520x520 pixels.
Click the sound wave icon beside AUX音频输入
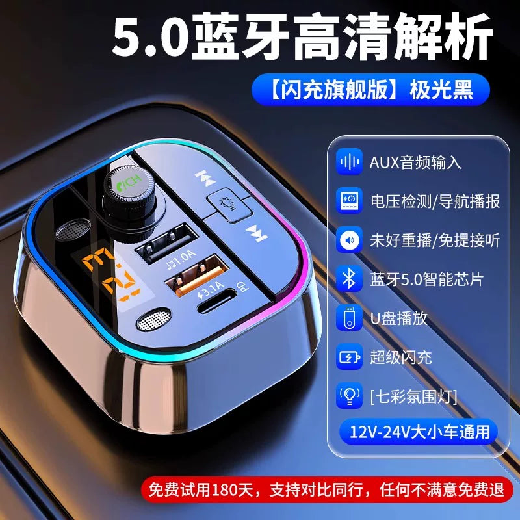tap(349, 162)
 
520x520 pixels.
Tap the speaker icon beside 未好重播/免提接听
tap(349, 240)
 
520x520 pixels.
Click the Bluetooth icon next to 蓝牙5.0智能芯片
tap(349, 279)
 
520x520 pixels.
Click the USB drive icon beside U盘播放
tap(349, 318)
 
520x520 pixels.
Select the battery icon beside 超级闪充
tap(349, 357)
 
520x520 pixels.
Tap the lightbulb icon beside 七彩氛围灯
tap(349, 396)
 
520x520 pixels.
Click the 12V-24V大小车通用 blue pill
tap(419, 431)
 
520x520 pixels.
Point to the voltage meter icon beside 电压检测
tap(349, 201)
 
